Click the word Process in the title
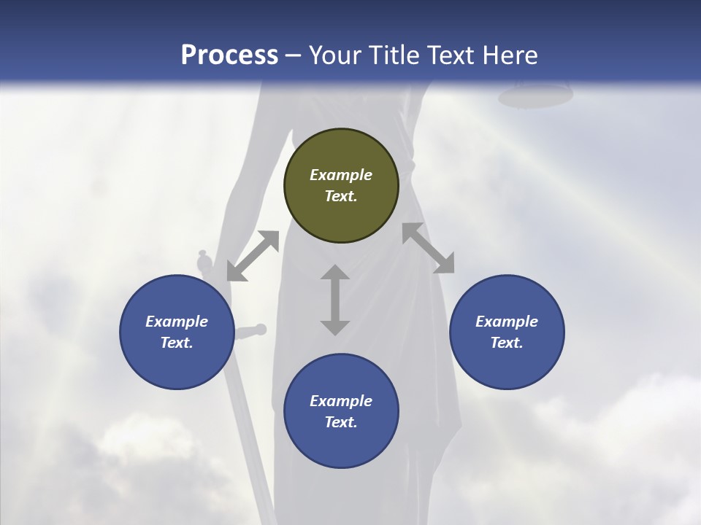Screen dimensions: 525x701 (x=229, y=55)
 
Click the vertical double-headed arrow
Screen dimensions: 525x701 (x=335, y=300)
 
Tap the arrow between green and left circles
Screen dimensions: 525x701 (x=253, y=256)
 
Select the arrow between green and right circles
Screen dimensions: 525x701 (x=428, y=248)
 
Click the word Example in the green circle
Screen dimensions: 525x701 (x=341, y=175)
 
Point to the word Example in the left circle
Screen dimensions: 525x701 (x=177, y=322)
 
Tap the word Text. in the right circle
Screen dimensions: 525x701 (x=507, y=343)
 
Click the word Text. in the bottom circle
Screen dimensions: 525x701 (x=341, y=422)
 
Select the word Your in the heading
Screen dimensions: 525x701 (x=333, y=55)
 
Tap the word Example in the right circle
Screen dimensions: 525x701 (x=507, y=322)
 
